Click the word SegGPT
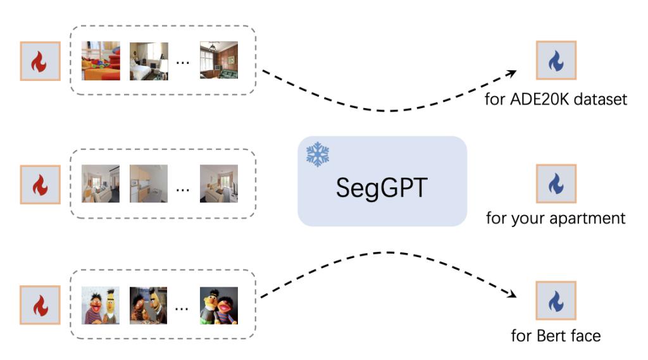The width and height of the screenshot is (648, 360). point(382,187)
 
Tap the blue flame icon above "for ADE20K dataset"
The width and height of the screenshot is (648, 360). point(556,61)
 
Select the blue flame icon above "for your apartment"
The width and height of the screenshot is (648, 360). point(556,184)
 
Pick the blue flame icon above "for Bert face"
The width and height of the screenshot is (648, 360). point(556,301)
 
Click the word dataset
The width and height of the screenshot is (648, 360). point(601,99)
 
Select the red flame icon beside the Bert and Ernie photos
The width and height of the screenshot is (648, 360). point(40,305)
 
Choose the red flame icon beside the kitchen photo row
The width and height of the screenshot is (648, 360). point(40,185)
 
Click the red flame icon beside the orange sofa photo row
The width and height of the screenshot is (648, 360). point(40,61)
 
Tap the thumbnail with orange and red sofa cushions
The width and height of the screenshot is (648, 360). point(101,61)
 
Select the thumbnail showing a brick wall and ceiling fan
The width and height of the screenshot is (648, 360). point(218,61)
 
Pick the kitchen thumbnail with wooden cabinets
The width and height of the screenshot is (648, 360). point(149,183)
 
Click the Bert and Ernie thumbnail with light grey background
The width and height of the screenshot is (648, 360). point(101,306)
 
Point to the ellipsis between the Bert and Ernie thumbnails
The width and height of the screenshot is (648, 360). point(182,308)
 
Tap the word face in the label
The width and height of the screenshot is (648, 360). point(583,335)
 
